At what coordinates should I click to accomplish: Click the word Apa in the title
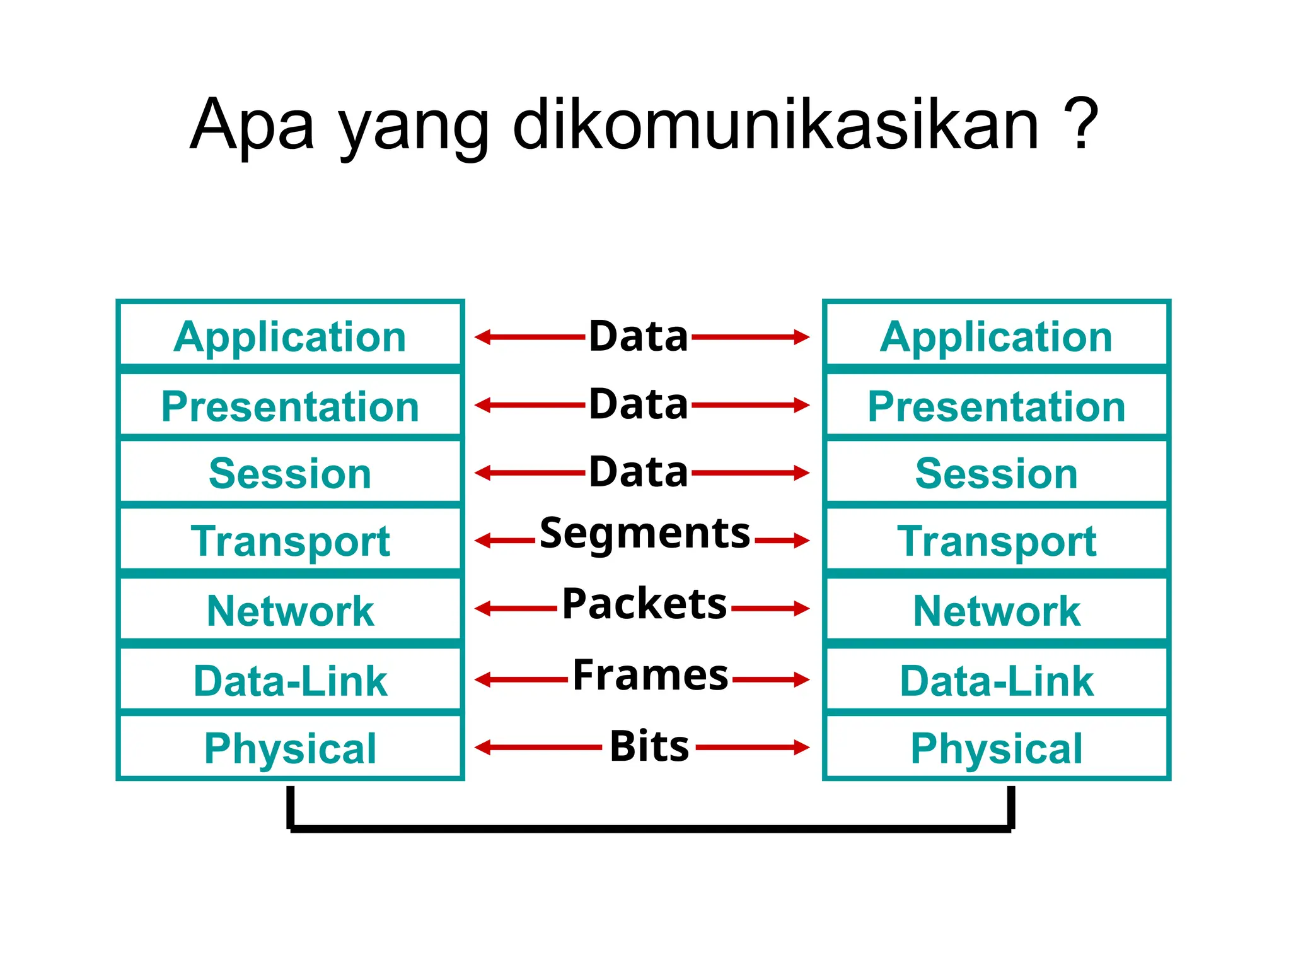pyautogui.click(x=252, y=126)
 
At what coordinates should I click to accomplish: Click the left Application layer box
pyautogui.click(x=290, y=336)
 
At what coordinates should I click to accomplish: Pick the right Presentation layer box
pyautogui.click(x=996, y=406)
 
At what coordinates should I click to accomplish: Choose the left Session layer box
pyautogui.click(x=290, y=473)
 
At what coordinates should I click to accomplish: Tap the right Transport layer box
pyautogui.click(x=996, y=541)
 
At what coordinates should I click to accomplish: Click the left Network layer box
pyautogui.click(x=290, y=610)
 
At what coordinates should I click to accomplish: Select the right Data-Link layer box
pyautogui.click(x=996, y=680)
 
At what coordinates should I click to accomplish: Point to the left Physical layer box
pyautogui.click(x=290, y=748)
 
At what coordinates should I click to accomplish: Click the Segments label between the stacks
pyautogui.click(x=644, y=534)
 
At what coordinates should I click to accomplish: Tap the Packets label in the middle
pyautogui.click(x=644, y=604)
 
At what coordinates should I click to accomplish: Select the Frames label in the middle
pyautogui.click(x=650, y=674)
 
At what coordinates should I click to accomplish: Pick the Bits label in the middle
pyautogui.click(x=649, y=746)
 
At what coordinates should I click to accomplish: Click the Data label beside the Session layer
pyautogui.click(x=638, y=471)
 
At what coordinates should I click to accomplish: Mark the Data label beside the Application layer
pyautogui.click(x=638, y=336)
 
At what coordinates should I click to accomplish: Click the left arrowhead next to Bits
pyautogui.click(x=482, y=748)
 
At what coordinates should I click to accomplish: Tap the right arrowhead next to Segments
pyautogui.click(x=801, y=541)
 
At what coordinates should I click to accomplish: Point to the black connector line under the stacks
pyautogui.click(x=649, y=828)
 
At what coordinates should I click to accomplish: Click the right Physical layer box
pyautogui.click(x=996, y=748)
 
